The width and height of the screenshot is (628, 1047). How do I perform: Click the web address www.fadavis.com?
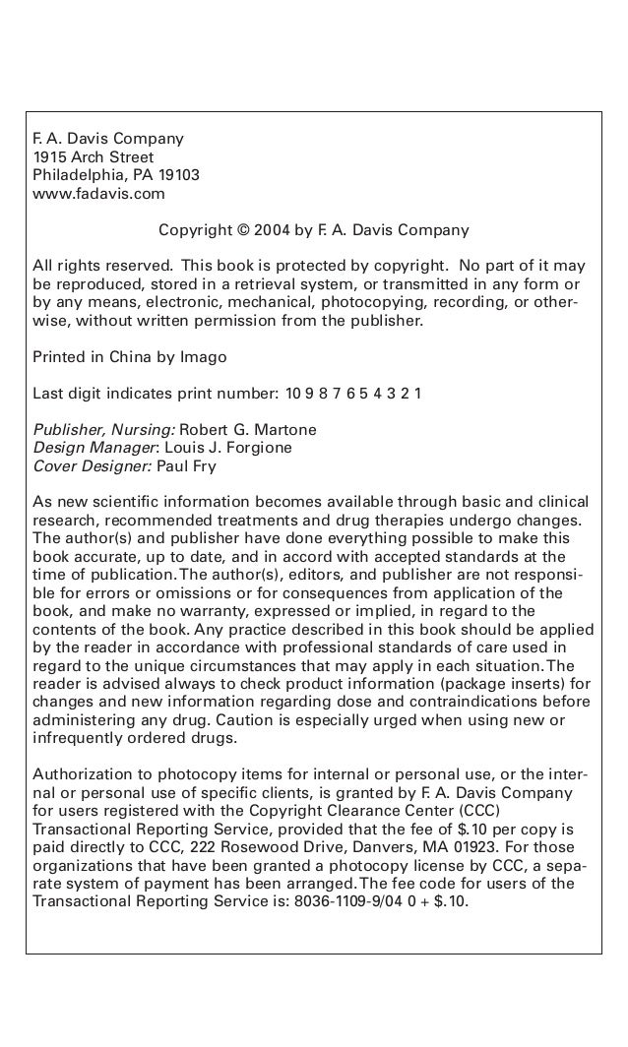(x=99, y=194)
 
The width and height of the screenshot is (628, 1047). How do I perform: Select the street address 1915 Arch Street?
(x=94, y=157)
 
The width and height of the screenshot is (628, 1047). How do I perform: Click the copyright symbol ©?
(x=243, y=231)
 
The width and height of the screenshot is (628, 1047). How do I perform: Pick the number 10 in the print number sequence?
(x=294, y=395)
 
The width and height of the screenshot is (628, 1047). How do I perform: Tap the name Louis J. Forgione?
(x=232, y=448)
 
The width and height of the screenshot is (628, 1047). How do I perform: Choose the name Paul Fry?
(x=189, y=465)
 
